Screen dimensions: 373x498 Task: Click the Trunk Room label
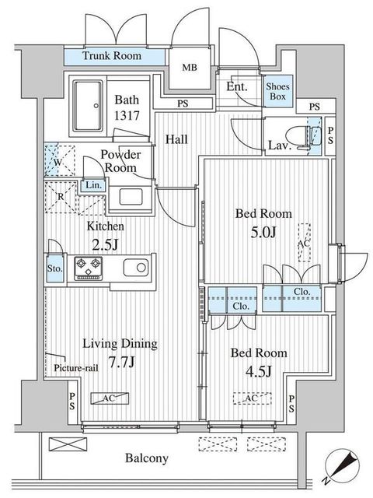tap(112, 56)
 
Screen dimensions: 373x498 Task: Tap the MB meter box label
tap(190, 68)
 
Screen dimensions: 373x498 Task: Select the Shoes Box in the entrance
tap(278, 91)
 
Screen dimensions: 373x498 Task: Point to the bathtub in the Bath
tap(88, 106)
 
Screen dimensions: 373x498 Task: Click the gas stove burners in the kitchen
tap(88, 268)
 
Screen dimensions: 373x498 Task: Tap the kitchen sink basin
tap(136, 267)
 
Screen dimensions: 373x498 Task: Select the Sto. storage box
tap(55, 268)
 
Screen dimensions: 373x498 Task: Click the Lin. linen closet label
tap(94, 185)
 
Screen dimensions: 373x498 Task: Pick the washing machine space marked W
tap(59, 160)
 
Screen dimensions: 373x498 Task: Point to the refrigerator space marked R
tap(61, 197)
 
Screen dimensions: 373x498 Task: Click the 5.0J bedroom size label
tap(263, 233)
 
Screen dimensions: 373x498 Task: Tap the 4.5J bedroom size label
tap(259, 371)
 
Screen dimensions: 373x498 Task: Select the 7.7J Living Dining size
tap(122, 362)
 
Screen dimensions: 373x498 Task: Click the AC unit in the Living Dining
tap(110, 398)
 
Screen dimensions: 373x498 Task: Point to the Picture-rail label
tap(76, 368)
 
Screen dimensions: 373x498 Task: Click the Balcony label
tap(147, 458)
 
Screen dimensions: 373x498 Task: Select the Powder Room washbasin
tap(131, 197)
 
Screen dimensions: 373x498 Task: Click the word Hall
tap(176, 139)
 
